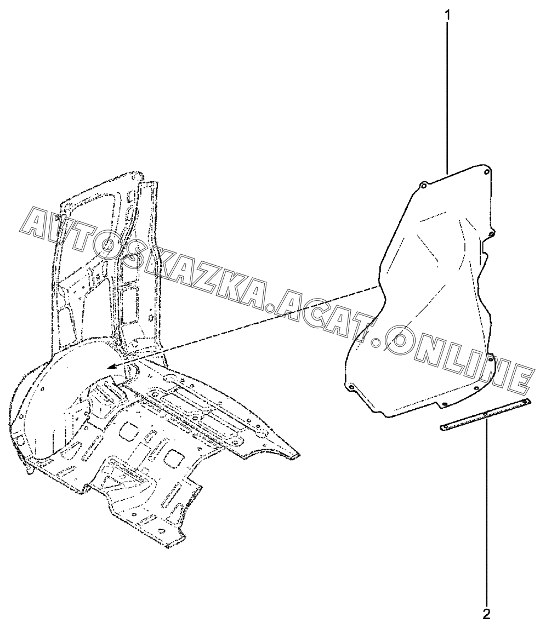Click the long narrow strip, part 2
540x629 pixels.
[x=485, y=415]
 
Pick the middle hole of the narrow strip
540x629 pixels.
[x=486, y=414]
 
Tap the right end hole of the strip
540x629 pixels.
[x=526, y=403]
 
